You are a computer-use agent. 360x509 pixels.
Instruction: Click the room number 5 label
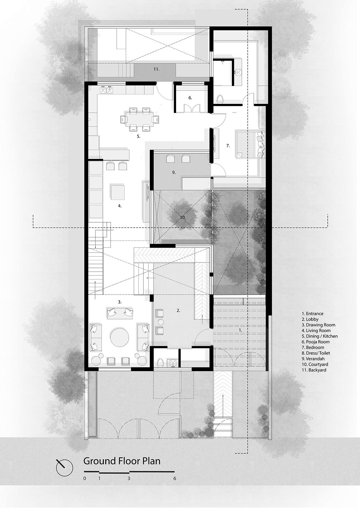(138, 136)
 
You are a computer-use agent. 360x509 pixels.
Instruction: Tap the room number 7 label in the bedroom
(228, 146)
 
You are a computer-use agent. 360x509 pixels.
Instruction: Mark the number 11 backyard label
(156, 69)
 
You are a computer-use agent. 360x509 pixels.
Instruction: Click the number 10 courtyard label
(183, 217)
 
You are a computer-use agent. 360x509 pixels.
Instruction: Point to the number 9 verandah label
(174, 172)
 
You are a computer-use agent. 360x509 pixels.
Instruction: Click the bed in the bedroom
(250, 144)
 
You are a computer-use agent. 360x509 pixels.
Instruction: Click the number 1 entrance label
(240, 330)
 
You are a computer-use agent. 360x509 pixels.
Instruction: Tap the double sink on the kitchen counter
(106, 90)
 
